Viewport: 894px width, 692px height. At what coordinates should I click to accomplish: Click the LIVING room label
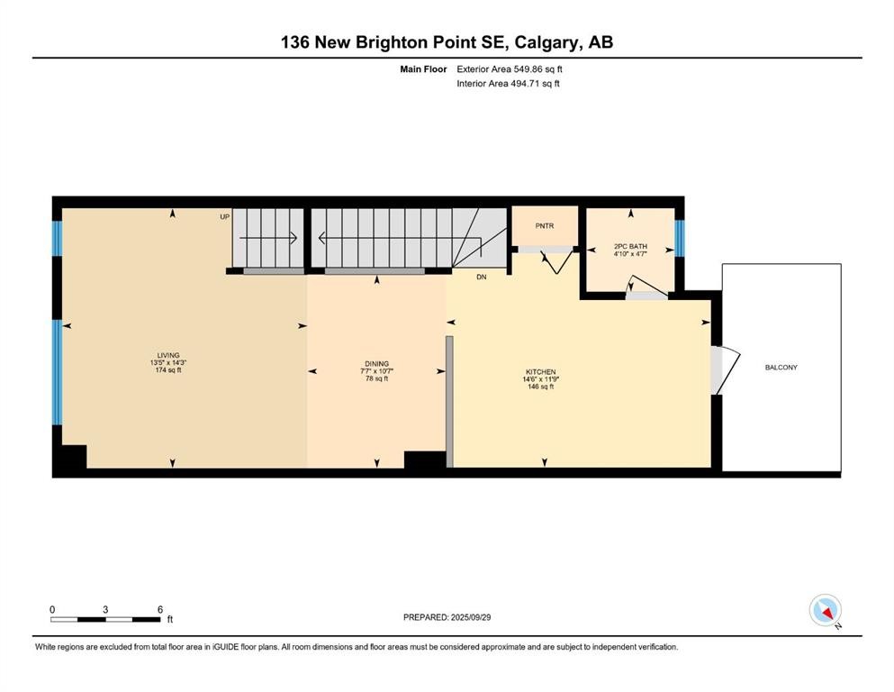(168, 355)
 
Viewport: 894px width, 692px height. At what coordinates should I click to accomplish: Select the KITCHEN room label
(540, 372)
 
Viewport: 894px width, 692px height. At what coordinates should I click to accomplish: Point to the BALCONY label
(781, 368)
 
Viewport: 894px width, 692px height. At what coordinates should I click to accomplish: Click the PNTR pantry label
(544, 226)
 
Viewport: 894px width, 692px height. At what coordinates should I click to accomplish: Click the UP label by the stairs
(225, 217)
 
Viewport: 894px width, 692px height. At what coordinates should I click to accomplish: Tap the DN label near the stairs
(481, 278)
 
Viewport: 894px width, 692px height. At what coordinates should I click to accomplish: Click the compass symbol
(825, 611)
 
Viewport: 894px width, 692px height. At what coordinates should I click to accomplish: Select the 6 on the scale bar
(160, 610)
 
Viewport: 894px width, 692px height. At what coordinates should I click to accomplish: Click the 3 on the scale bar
(106, 610)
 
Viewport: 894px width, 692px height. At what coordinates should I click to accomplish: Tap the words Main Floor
(422, 68)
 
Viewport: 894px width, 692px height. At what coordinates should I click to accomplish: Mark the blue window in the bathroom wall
(680, 238)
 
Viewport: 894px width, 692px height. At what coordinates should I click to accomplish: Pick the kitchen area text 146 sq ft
(540, 387)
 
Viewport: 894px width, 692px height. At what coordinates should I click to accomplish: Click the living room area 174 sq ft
(168, 370)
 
